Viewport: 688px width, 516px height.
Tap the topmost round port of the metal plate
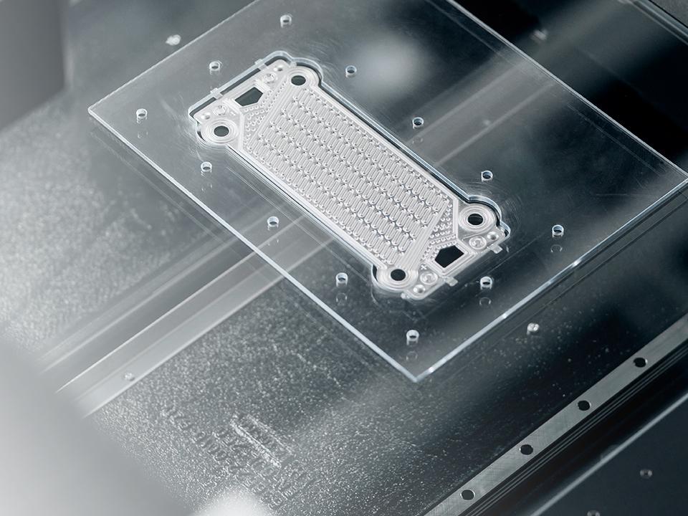300,77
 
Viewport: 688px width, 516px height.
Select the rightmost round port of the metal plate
474,219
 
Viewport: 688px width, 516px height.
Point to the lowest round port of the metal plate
396,274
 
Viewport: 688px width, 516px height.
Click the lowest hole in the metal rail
468,494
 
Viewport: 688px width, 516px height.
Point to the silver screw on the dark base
532,328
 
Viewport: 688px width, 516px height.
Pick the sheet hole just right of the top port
350,71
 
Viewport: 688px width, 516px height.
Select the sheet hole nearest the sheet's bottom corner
412,336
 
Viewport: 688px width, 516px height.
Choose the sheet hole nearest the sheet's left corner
140,114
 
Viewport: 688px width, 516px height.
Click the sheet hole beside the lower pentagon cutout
486,282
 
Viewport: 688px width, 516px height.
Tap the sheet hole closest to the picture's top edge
285,19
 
